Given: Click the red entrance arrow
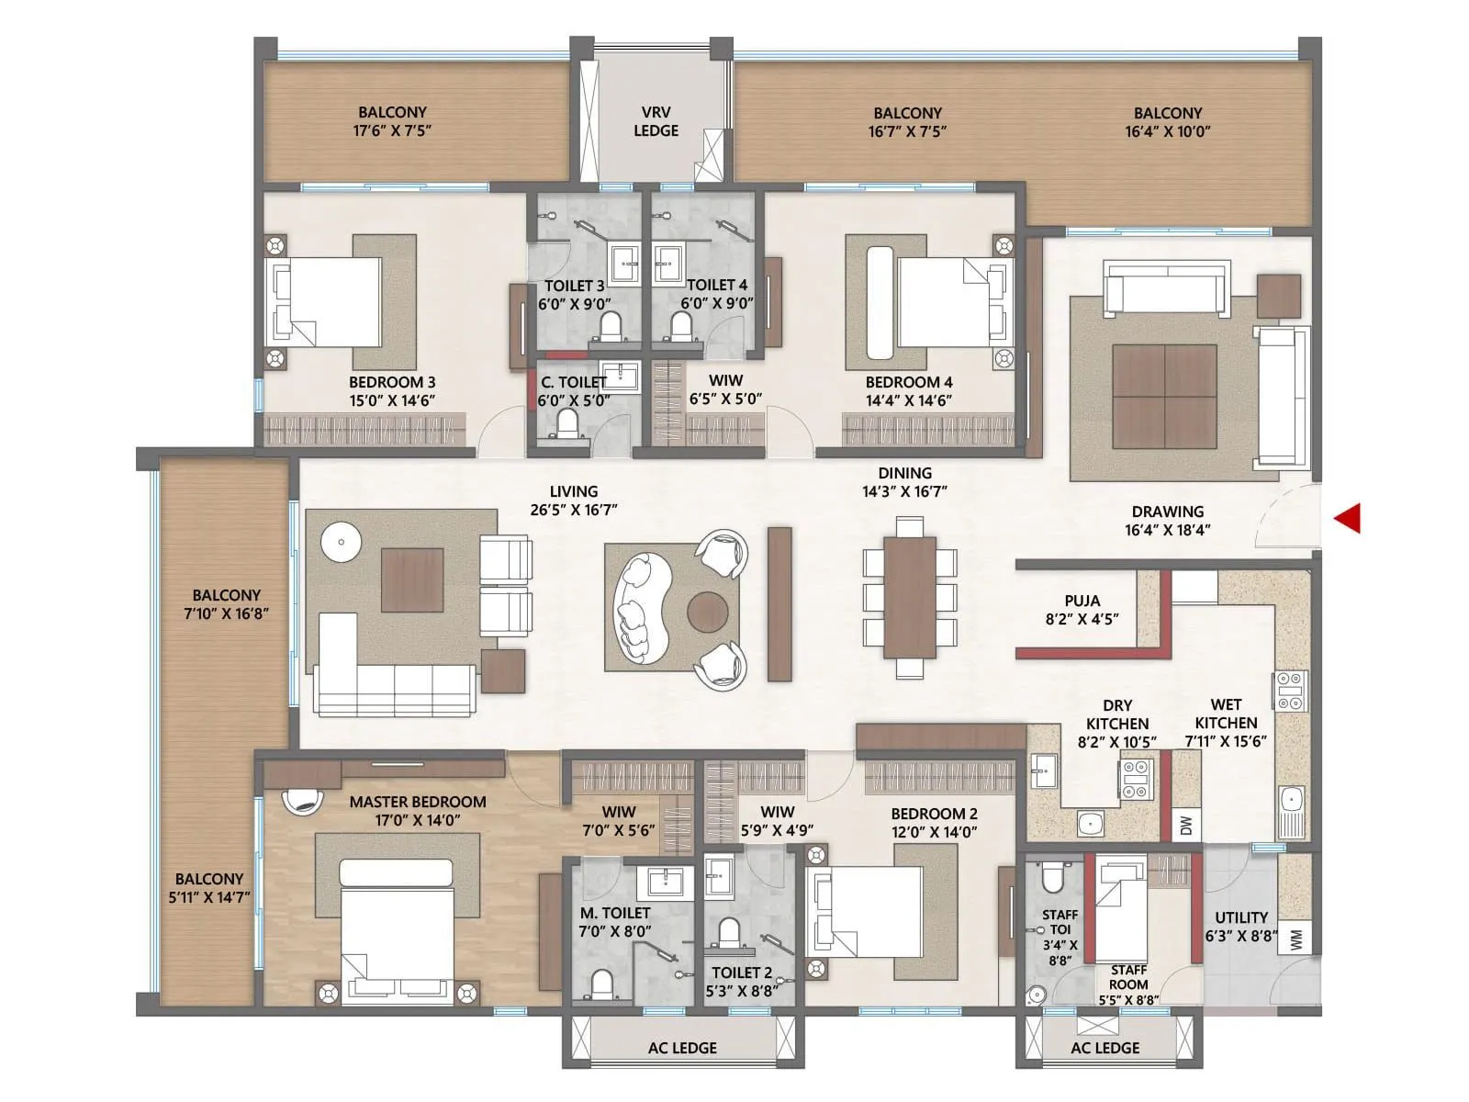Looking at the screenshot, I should click(x=1347, y=518).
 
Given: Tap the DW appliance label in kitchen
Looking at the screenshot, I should click(x=1185, y=826).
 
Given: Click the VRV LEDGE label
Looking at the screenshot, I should click(x=656, y=122).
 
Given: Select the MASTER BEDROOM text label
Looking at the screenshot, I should click(x=418, y=802).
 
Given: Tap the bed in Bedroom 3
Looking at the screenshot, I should click(x=323, y=301).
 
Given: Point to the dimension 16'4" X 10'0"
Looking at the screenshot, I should click(x=1168, y=131).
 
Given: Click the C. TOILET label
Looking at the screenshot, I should click(x=574, y=382).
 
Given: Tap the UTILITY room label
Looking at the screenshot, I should click(x=1241, y=917).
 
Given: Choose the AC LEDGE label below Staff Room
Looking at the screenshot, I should click(x=1105, y=1048).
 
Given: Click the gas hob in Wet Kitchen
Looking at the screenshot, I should click(x=1289, y=691).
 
